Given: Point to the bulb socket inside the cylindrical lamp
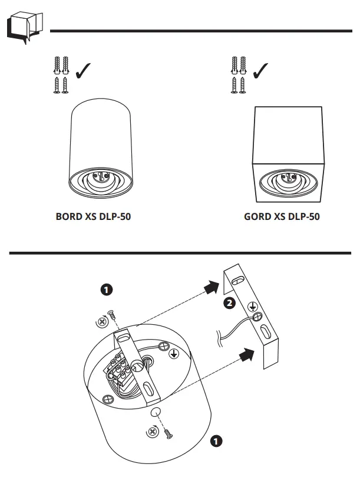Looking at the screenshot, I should [x=100, y=176].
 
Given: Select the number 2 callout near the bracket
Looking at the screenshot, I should [x=230, y=303].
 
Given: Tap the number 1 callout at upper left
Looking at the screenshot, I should [x=107, y=289].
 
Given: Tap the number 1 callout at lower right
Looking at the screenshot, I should [x=217, y=440].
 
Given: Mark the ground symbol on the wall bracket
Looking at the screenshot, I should [x=251, y=306].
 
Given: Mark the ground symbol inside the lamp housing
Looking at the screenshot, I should [x=174, y=354].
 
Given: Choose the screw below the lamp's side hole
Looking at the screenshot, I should [x=168, y=434].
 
